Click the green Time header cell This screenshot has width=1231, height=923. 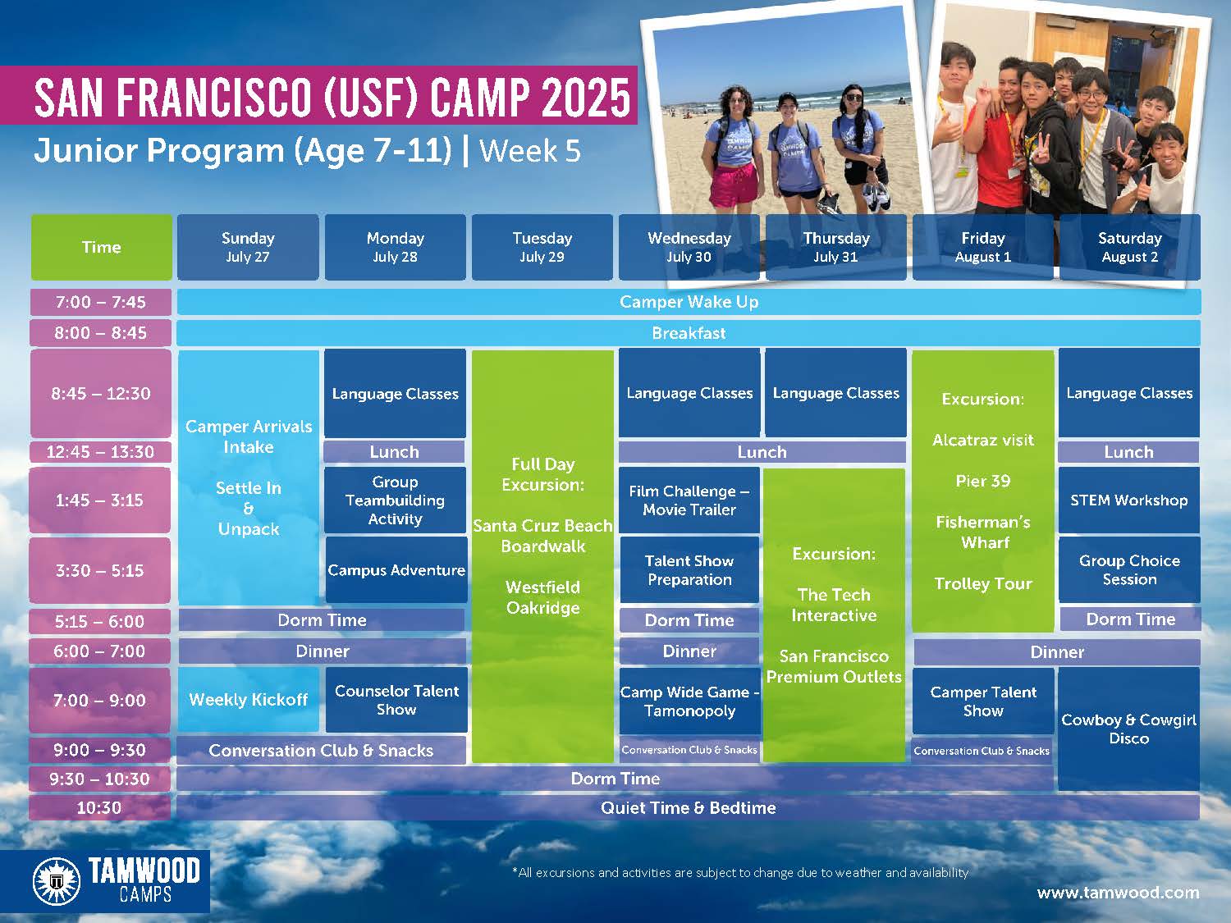(102, 247)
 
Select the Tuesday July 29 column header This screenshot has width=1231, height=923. (542, 247)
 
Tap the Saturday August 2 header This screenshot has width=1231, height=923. (1129, 247)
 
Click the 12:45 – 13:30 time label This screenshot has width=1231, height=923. (100, 452)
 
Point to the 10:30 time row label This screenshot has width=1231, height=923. (99, 807)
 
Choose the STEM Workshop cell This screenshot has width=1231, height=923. (1129, 500)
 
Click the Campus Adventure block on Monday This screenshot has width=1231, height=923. (396, 570)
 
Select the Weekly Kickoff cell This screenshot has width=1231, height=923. (249, 699)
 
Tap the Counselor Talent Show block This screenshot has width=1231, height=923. (396, 699)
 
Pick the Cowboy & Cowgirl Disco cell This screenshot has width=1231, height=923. (1129, 729)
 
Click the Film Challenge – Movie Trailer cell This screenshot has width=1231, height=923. (689, 500)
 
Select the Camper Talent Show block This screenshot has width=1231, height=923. (983, 701)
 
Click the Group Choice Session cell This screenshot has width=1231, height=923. (1129, 570)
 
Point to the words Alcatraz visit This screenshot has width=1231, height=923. (983, 440)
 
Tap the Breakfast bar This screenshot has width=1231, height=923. (689, 333)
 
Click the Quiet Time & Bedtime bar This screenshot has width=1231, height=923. (688, 807)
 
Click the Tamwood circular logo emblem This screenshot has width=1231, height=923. (57, 881)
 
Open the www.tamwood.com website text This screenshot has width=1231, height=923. (1119, 892)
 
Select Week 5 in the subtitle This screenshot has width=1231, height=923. (530, 151)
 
